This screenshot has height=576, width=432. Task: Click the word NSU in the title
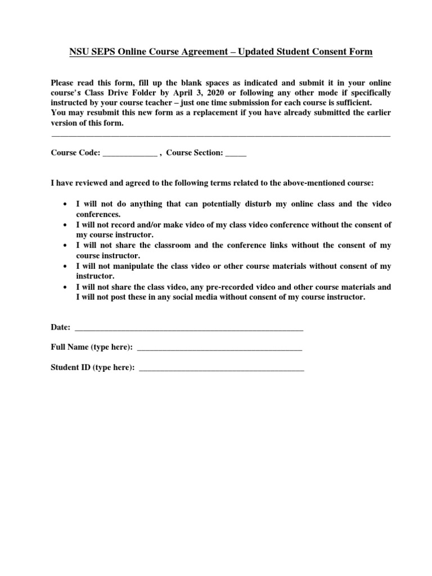[x=79, y=52]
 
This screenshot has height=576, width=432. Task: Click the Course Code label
[x=75, y=152]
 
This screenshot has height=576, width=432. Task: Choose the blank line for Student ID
[x=221, y=370]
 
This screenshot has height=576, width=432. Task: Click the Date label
[x=61, y=327]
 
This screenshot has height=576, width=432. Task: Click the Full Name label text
[x=92, y=348]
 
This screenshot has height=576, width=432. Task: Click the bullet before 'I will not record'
[x=66, y=225]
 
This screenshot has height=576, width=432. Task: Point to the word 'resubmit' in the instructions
[x=93, y=113]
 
